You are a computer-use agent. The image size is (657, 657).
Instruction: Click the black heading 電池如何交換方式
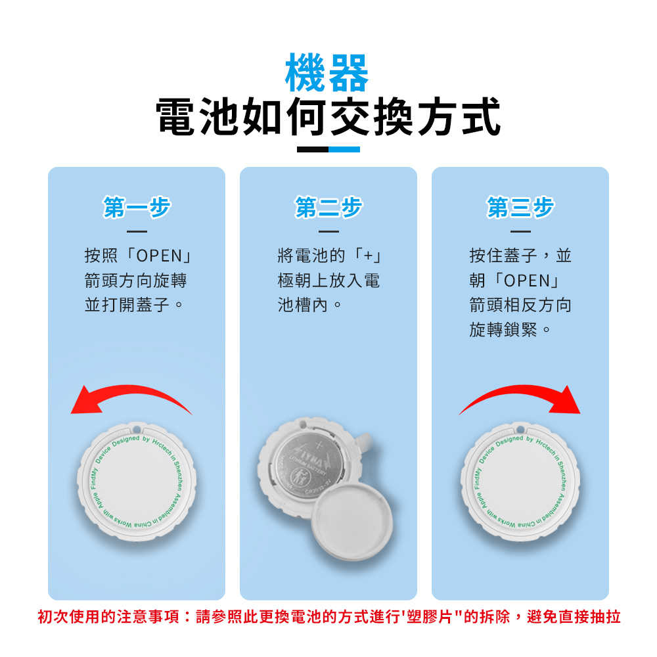click(x=328, y=118)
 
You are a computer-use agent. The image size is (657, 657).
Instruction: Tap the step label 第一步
click(x=137, y=208)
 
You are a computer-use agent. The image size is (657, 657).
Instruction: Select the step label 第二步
click(x=328, y=208)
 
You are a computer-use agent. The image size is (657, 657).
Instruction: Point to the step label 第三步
click(x=520, y=208)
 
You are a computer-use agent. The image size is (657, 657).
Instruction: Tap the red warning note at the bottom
click(x=328, y=617)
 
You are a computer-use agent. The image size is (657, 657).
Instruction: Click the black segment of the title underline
click(x=312, y=149)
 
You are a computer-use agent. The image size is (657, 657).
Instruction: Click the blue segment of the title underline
click(x=344, y=149)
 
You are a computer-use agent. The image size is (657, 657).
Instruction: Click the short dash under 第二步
click(x=328, y=231)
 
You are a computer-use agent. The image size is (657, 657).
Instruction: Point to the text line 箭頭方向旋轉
click(x=136, y=281)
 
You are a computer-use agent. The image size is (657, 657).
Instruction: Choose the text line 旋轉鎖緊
click(x=510, y=330)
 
